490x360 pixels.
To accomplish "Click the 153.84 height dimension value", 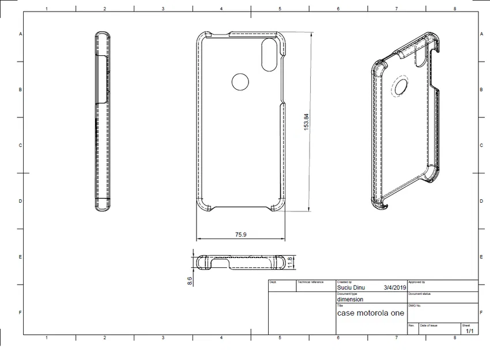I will click(x=307, y=122).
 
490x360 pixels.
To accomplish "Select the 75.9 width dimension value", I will click(x=242, y=234).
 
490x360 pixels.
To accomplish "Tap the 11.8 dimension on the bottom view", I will click(x=299, y=262).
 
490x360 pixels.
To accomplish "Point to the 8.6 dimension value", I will click(x=190, y=281).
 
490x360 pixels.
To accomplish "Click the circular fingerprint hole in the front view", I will click(x=240, y=82).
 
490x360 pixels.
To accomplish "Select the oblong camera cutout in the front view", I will click(x=269, y=55).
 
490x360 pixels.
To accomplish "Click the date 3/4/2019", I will click(x=395, y=287).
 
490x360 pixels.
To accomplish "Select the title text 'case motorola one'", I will click(x=370, y=313).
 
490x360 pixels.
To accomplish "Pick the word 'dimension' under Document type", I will click(x=350, y=300).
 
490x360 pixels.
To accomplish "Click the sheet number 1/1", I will click(x=470, y=331).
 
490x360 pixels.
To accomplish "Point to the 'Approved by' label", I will click(x=417, y=282).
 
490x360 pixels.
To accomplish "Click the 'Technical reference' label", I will click(x=310, y=282).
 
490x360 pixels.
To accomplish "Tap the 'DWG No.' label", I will click(x=415, y=306).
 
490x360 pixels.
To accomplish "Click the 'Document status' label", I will click(x=420, y=294).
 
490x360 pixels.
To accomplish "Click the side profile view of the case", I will click(x=102, y=122).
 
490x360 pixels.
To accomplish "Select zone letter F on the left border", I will click(x=20, y=313).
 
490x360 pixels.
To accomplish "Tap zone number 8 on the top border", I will click(x=455, y=9).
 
